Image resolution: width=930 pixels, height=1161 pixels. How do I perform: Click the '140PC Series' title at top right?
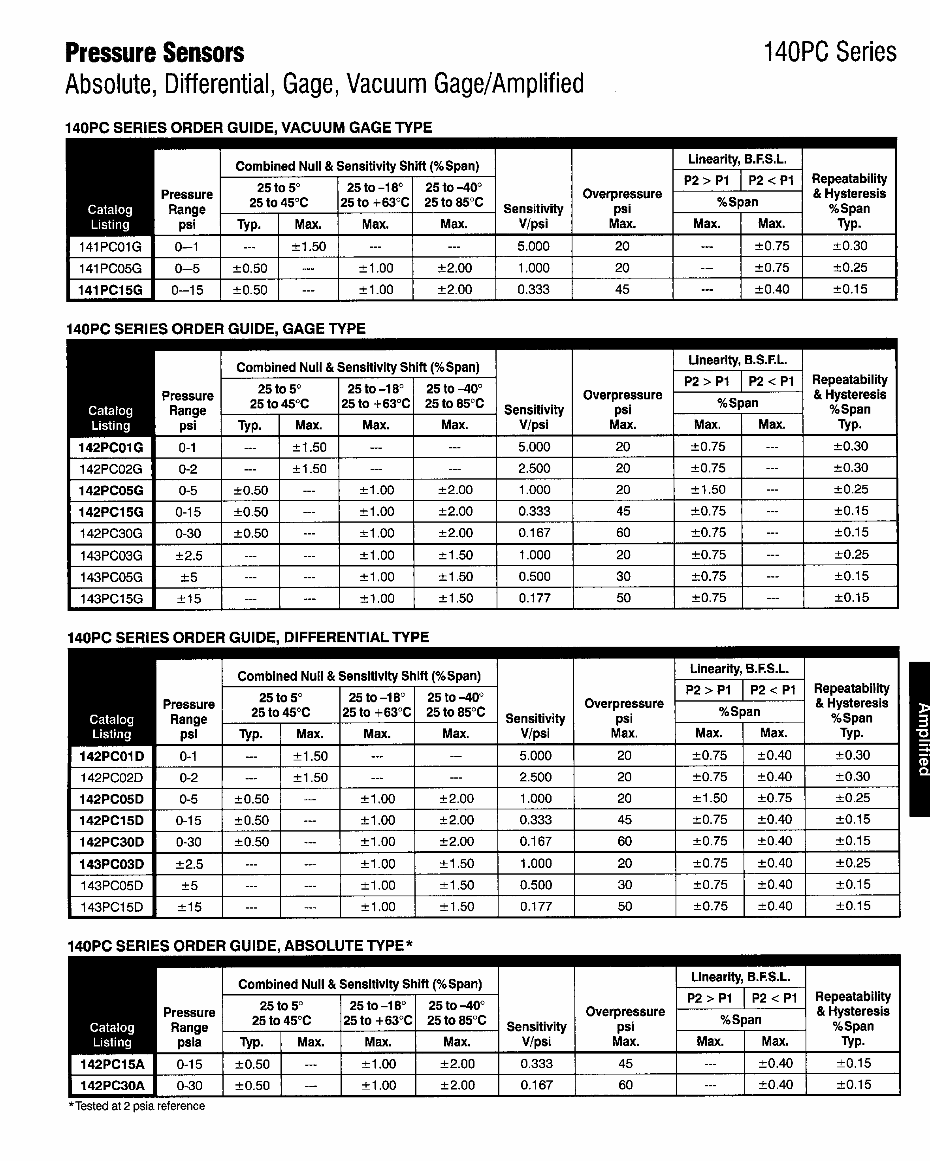(830, 52)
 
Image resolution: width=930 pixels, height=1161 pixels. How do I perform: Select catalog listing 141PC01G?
(110, 247)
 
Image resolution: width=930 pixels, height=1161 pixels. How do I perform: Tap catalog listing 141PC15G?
(110, 290)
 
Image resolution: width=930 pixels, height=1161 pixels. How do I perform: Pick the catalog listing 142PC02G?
(111, 469)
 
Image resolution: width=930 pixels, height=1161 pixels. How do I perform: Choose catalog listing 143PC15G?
(111, 598)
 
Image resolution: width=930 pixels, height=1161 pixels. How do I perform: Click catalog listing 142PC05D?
(112, 799)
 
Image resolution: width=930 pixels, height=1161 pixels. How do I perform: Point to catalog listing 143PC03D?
(112, 864)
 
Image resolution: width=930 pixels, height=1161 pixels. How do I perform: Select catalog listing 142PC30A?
(113, 1086)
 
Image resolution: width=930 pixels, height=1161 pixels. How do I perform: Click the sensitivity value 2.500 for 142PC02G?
(534, 469)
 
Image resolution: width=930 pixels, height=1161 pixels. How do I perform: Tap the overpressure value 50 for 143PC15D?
(625, 906)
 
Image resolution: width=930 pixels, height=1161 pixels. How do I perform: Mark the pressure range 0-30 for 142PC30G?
(188, 534)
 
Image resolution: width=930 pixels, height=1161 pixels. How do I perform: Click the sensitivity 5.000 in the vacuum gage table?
(533, 246)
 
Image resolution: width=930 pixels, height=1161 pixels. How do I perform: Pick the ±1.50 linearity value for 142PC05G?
(708, 489)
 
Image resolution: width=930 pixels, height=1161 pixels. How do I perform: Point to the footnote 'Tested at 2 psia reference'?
(137, 1106)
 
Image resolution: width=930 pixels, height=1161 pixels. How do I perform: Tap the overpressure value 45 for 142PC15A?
(625, 1063)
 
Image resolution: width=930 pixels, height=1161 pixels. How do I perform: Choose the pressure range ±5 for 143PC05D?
(189, 886)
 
